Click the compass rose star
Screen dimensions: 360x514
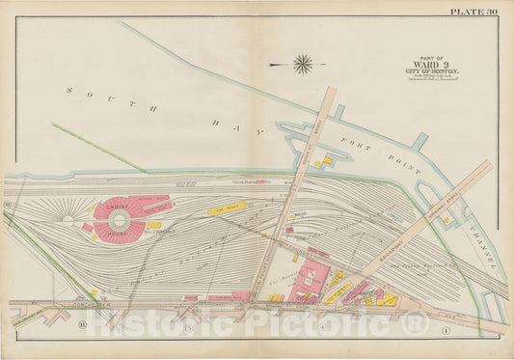pyautogui.click(x=302, y=65)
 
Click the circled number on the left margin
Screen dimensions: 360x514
pyautogui.click(x=7, y=207)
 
